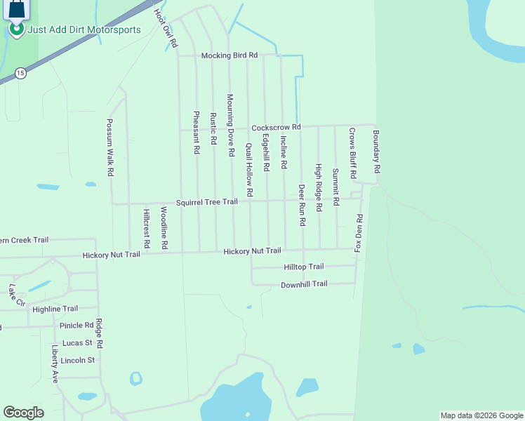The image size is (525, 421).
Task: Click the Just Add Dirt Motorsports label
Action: (x=84, y=29)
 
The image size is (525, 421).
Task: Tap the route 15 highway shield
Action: (x=20, y=72)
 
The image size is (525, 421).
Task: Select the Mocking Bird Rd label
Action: (x=230, y=55)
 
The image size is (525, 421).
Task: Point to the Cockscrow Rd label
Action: (x=276, y=127)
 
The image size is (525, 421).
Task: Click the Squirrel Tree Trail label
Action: (x=207, y=202)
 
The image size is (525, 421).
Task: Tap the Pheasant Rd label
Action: (x=196, y=132)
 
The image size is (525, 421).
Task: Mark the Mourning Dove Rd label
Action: (x=230, y=125)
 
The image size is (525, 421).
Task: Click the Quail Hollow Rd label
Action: (x=249, y=170)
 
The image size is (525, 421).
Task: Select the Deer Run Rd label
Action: (x=302, y=205)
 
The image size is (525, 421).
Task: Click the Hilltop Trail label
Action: (x=303, y=267)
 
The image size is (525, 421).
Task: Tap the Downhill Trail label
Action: (x=304, y=284)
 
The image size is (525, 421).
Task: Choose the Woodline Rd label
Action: (x=164, y=228)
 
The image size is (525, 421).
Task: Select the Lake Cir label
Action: (x=17, y=295)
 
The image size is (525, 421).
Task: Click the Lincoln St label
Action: (x=77, y=360)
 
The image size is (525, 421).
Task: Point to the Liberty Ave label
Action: (x=55, y=363)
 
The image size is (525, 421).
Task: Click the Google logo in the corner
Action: (x=24, y=413)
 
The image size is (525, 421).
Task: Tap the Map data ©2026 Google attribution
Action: (x=481, y=415)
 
